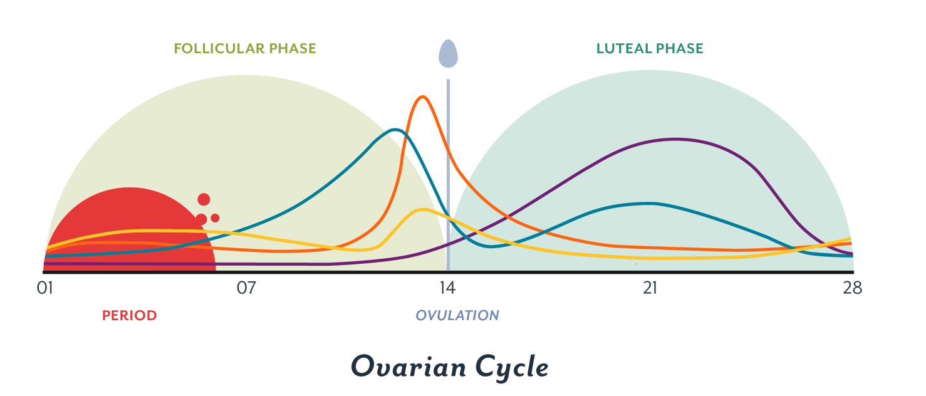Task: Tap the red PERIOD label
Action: (130, 315)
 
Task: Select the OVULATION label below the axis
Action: (457, 315)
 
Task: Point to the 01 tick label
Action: (44, 288)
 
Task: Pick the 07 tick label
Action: (246, 288)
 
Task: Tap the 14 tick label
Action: (447, 288)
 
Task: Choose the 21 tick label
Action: (650, 288)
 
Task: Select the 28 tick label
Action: (853, 288)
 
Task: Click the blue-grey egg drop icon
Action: (448, 54)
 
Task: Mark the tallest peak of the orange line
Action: (424, 96)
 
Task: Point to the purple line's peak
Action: (675, 139)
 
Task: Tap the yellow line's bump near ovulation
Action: (423, 210)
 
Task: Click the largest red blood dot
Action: (204, 200)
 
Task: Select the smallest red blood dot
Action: (215, 218)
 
